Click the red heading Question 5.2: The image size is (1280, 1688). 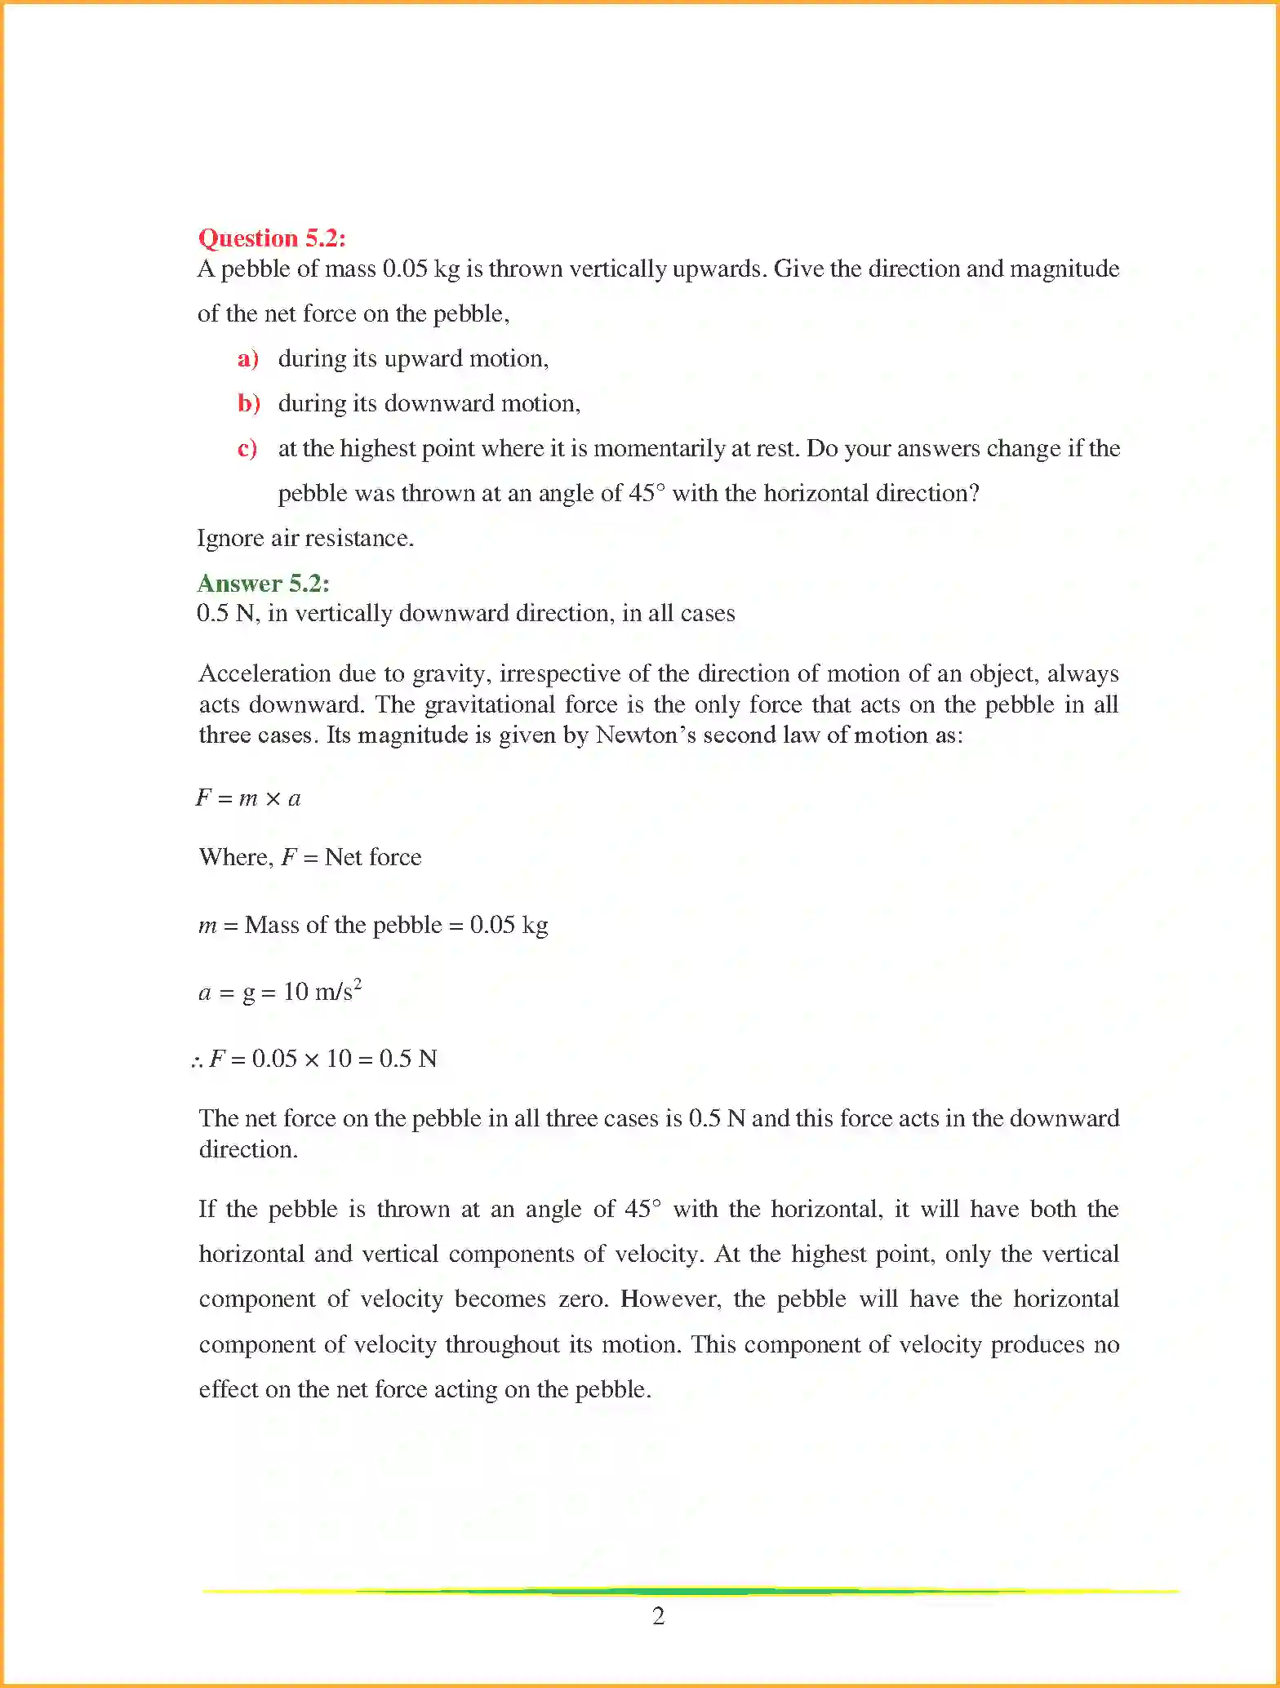pyautogui.click(x=272, y=238)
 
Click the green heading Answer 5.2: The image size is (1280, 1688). pyautogui.click(x=263, y=584)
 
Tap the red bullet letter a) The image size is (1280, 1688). pyautogui.click(x=247, y=359)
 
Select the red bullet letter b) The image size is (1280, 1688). pyautogui.click(x=248, y=404)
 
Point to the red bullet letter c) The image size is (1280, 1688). pyautogui.click(x=247, y=449)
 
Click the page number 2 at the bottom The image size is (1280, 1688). pyautogui.click(x=658, y=1616)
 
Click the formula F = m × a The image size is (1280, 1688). pyautogui.click(x=248, y=798)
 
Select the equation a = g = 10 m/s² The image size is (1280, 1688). pyautogui.click(x=279, y=992)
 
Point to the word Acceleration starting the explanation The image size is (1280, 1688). pyautogui.click(x=264, y=674)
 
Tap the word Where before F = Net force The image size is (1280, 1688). pyautogui.click(x=235, y=857)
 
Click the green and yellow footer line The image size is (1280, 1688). pyautogui.click(x=690, y=1591)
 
